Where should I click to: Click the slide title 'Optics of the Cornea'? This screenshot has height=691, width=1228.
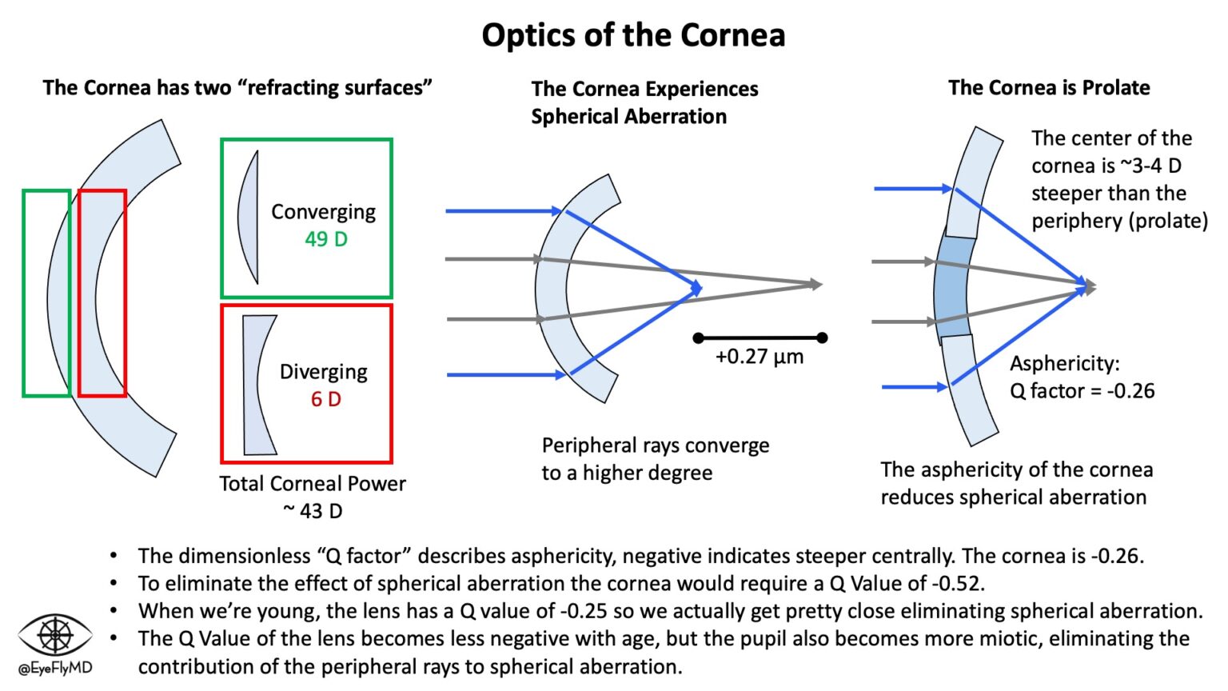point(633,35)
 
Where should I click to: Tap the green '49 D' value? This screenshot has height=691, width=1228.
point(326,239)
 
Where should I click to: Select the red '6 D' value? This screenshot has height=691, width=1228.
point(326,399)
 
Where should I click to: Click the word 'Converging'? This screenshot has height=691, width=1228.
point(323,212)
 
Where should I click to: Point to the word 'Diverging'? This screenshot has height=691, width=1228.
point(323,372)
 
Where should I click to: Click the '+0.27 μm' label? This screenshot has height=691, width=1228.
point(759,357)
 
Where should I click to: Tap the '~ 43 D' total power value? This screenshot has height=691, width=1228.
point(313,511)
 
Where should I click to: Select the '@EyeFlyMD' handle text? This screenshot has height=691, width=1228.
point(54,669)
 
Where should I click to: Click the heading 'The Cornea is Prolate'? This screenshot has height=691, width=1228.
point(1049,88)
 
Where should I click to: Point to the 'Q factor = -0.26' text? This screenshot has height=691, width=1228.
point(1082,391)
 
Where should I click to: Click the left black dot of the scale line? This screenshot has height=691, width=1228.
point(699,338)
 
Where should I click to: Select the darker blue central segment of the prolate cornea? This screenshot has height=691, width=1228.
point(954,286)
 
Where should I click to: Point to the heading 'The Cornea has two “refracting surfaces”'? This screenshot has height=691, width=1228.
point(237,88)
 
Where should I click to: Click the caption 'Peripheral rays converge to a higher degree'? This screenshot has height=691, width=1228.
point(655,459)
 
